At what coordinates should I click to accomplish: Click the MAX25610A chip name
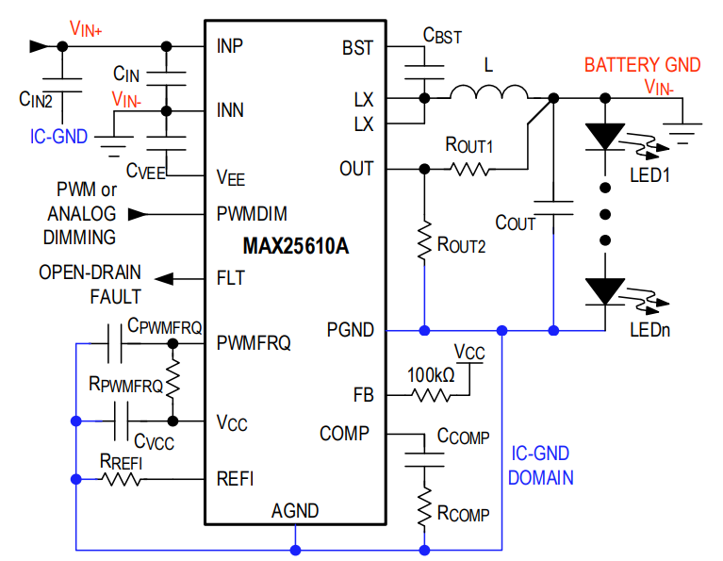click(296, 247)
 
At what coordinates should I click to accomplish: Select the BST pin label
click(357, 47)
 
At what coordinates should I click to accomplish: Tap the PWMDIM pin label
click(251, 214)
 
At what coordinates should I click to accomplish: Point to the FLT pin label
click(230, 278)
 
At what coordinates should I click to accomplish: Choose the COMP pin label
click(344, 434)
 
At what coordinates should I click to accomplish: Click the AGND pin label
click(295, 511)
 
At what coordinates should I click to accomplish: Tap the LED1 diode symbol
click(604, 137)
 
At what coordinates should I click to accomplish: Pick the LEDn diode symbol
click(604, 290)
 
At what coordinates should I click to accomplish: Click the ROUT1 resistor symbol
click(469, 169)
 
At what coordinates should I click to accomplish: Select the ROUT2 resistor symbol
click(425, 242)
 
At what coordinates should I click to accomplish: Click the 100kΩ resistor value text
click(431, 374)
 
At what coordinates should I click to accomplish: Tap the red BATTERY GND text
click(642, 65)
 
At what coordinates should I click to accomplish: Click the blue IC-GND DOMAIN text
click(540, 466)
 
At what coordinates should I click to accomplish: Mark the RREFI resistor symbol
click(122, 479)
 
